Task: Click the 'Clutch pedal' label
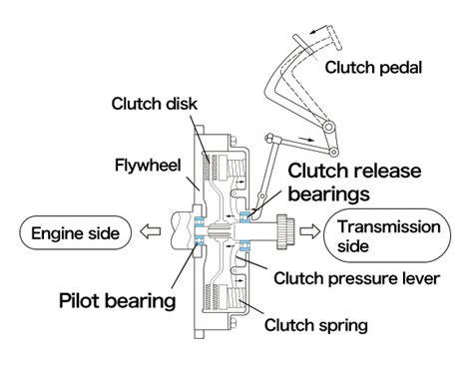(373, 68)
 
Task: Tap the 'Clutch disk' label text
(155, 104)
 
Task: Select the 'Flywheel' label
(148, 166)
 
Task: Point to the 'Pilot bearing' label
(118, 301)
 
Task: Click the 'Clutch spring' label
(316, 325)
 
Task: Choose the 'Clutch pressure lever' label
(357, 278)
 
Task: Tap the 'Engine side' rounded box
(75, 232)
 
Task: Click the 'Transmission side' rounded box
(387, 235)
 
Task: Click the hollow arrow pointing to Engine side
(150, 231)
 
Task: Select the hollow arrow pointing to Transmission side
(310, 231)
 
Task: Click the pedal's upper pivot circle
(328, 127)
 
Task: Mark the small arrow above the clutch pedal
(318, 31)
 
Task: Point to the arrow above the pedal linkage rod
(306, 139)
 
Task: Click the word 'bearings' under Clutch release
(328, 193)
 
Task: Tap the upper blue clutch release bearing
(246, 215)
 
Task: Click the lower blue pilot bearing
(200, 240)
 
